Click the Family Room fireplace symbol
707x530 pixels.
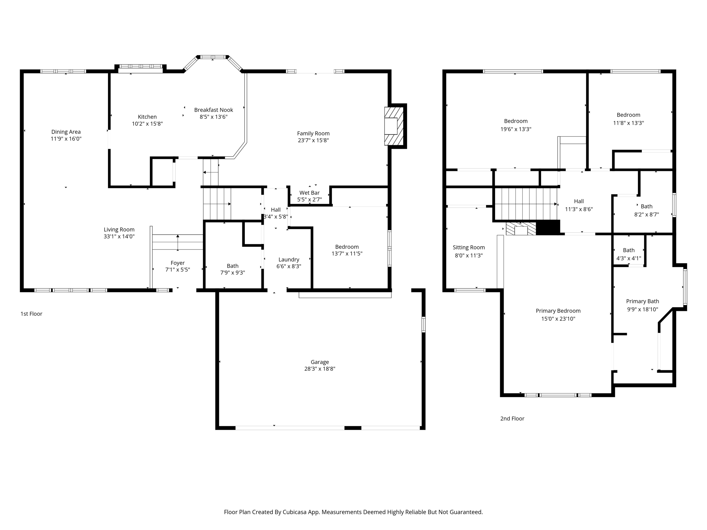394,126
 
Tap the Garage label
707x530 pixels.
319,362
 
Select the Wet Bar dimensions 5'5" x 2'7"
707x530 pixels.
309,199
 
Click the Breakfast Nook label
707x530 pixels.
213,110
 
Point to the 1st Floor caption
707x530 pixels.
31,314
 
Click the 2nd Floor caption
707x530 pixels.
512,419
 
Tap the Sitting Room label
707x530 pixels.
468,247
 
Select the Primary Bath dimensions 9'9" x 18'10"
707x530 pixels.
642,310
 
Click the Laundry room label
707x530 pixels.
289,259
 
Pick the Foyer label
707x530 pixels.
177,263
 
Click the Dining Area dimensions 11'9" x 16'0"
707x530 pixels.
66,139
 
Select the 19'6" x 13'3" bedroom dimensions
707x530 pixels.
516,129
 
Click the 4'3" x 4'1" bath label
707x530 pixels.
629,250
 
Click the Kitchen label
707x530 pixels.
147,117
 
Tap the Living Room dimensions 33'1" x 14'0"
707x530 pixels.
119,237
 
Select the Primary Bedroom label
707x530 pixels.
558,311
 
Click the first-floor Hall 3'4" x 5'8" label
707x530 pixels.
275,209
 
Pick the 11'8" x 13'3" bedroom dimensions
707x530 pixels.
628,123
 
